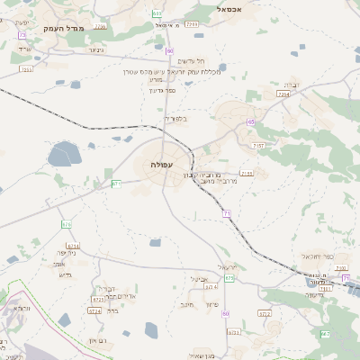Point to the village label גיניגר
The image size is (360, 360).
[95, 50]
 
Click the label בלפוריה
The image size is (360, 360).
[176, 119]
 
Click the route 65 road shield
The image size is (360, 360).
[251, 121]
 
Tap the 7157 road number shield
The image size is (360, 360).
[258, 145]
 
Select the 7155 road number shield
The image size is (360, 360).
[247, 173]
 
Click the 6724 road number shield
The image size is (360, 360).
[95, 310]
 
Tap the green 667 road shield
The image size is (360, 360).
[325, 334]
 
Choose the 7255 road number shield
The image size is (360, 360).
[99, 27]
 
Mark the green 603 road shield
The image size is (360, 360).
[157, 13]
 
